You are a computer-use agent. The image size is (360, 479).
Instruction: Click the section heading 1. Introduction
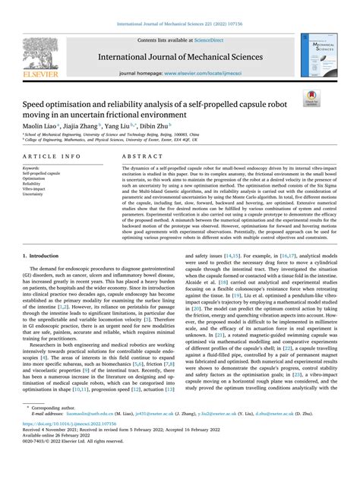point(48,257)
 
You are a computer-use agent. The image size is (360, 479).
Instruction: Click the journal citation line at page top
point(179,24)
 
